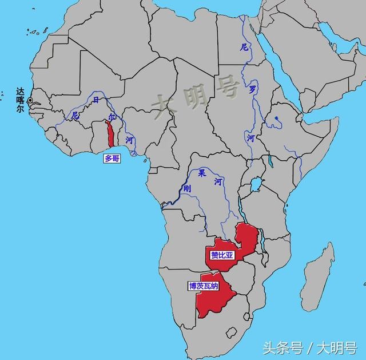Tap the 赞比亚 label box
click(x=222, y=255)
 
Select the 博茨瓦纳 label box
click(x=204, y=286)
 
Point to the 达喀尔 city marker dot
click(x=30, y=100)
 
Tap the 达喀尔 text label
click(x=21, y=100)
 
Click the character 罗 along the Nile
click(x=252, y=89)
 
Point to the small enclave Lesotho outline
click(x=231, y=332)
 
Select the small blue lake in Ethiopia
click(x=277, y=120)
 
